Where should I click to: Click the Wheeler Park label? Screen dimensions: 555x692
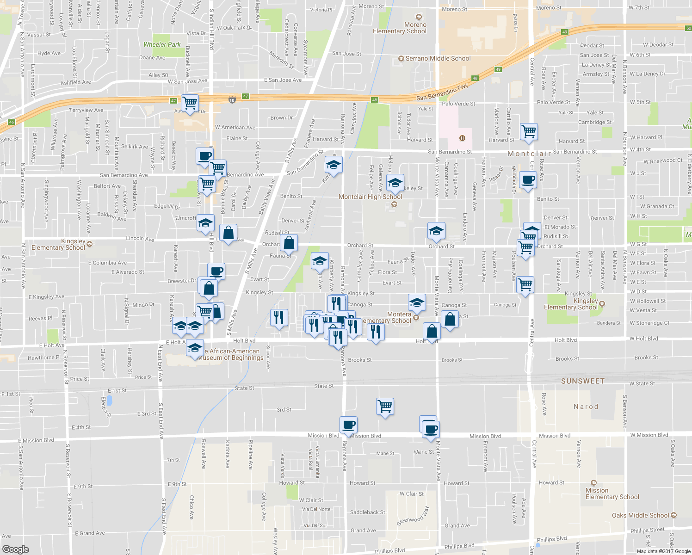point(162,45)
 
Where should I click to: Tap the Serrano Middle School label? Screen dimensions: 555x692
point(438,59)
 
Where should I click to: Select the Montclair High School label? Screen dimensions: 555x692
point(370,197)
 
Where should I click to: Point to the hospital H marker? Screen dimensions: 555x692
point(462,138)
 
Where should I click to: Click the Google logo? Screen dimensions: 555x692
point(15,549)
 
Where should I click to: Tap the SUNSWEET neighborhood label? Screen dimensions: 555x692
point(582,381)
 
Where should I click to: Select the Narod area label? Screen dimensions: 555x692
point(586,407)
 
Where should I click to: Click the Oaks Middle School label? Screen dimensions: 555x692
point(640,515)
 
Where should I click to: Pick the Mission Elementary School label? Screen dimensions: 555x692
point(612,493)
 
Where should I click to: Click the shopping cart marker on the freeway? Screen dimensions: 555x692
point(190,103)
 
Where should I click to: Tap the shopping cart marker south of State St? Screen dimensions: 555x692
point(385,406)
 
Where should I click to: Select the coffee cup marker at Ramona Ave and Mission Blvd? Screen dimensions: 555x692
point(348,425)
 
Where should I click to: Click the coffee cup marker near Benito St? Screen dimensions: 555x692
point(528,179)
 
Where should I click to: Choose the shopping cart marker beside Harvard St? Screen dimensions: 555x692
point(529,131)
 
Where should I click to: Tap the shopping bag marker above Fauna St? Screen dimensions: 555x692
point(289,242)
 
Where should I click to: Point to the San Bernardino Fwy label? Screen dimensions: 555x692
point(442,92)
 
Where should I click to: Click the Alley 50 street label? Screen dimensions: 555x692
point(158,75)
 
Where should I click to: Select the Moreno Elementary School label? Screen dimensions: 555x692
point(400,28)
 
